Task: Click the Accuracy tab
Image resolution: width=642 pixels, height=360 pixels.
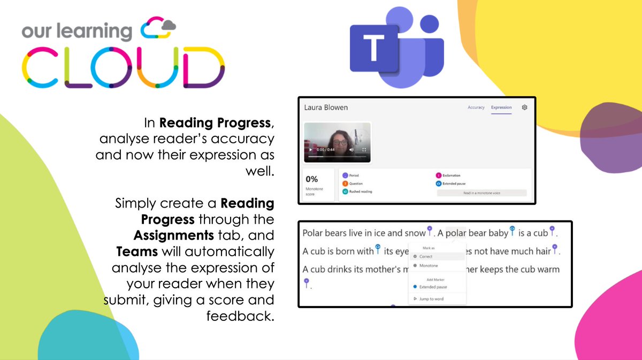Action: pyautogui.click(x=476, y=108)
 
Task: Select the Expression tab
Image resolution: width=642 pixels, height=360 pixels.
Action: pyautogui.click(x=501, y=108)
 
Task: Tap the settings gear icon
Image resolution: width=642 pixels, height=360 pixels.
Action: pyautogui.click(x=524, y=107)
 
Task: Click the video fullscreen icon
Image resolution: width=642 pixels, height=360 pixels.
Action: pyautogui.click(x=364, y=150)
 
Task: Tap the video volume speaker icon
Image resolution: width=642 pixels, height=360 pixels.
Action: pyautogui.click(x=351, y=150)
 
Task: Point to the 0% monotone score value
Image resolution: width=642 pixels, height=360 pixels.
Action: pyautogui.click(x=311, y=179)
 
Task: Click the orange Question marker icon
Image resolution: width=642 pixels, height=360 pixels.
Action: pyautogui.click(x=345, y=183)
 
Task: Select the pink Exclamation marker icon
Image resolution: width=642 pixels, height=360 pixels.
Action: pyautogui.click(x=439, y=175)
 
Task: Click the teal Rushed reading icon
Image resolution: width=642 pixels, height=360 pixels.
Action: pyautogui.click(x=345, y=191)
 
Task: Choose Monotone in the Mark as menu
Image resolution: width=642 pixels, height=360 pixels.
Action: pyautogui.click(x=428, y=265)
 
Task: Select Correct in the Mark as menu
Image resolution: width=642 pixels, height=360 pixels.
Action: pyautogui.click(x=425, y=257)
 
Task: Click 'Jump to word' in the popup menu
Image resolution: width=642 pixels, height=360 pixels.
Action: pyautogui.click(x=431, y=299)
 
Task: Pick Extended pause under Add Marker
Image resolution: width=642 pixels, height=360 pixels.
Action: pyautogui.click(x=433, y=287)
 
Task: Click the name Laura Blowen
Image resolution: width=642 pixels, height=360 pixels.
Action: pyautogui.click(x=326, y=108)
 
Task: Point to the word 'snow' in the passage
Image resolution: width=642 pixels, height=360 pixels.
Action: pyautogui.click(x=414, y=233)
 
